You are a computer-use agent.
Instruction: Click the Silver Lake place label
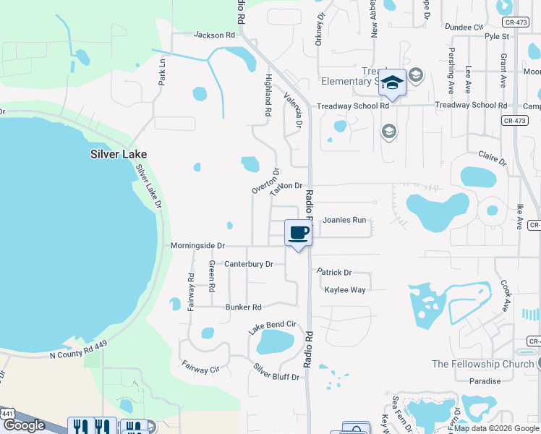[119, 154]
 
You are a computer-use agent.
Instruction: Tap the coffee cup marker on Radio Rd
[299, 233]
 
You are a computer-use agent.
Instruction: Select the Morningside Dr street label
[198, 246]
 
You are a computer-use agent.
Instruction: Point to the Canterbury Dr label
[249, 264]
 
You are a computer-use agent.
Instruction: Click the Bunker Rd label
[243, 307]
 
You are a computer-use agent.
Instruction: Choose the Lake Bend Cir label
[273, 327]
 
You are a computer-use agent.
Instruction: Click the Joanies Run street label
[344, 219]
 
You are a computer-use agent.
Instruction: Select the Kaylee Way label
[345, 290]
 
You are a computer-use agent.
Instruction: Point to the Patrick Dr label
[334, 273]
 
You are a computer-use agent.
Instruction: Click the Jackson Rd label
[215, 35]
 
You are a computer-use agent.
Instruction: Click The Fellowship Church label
[482, 364]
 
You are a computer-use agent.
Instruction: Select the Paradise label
[485, 381]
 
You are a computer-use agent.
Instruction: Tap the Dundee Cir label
[464, 27]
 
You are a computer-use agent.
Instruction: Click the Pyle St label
[497, 35]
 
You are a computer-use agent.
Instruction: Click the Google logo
[24, 425]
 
